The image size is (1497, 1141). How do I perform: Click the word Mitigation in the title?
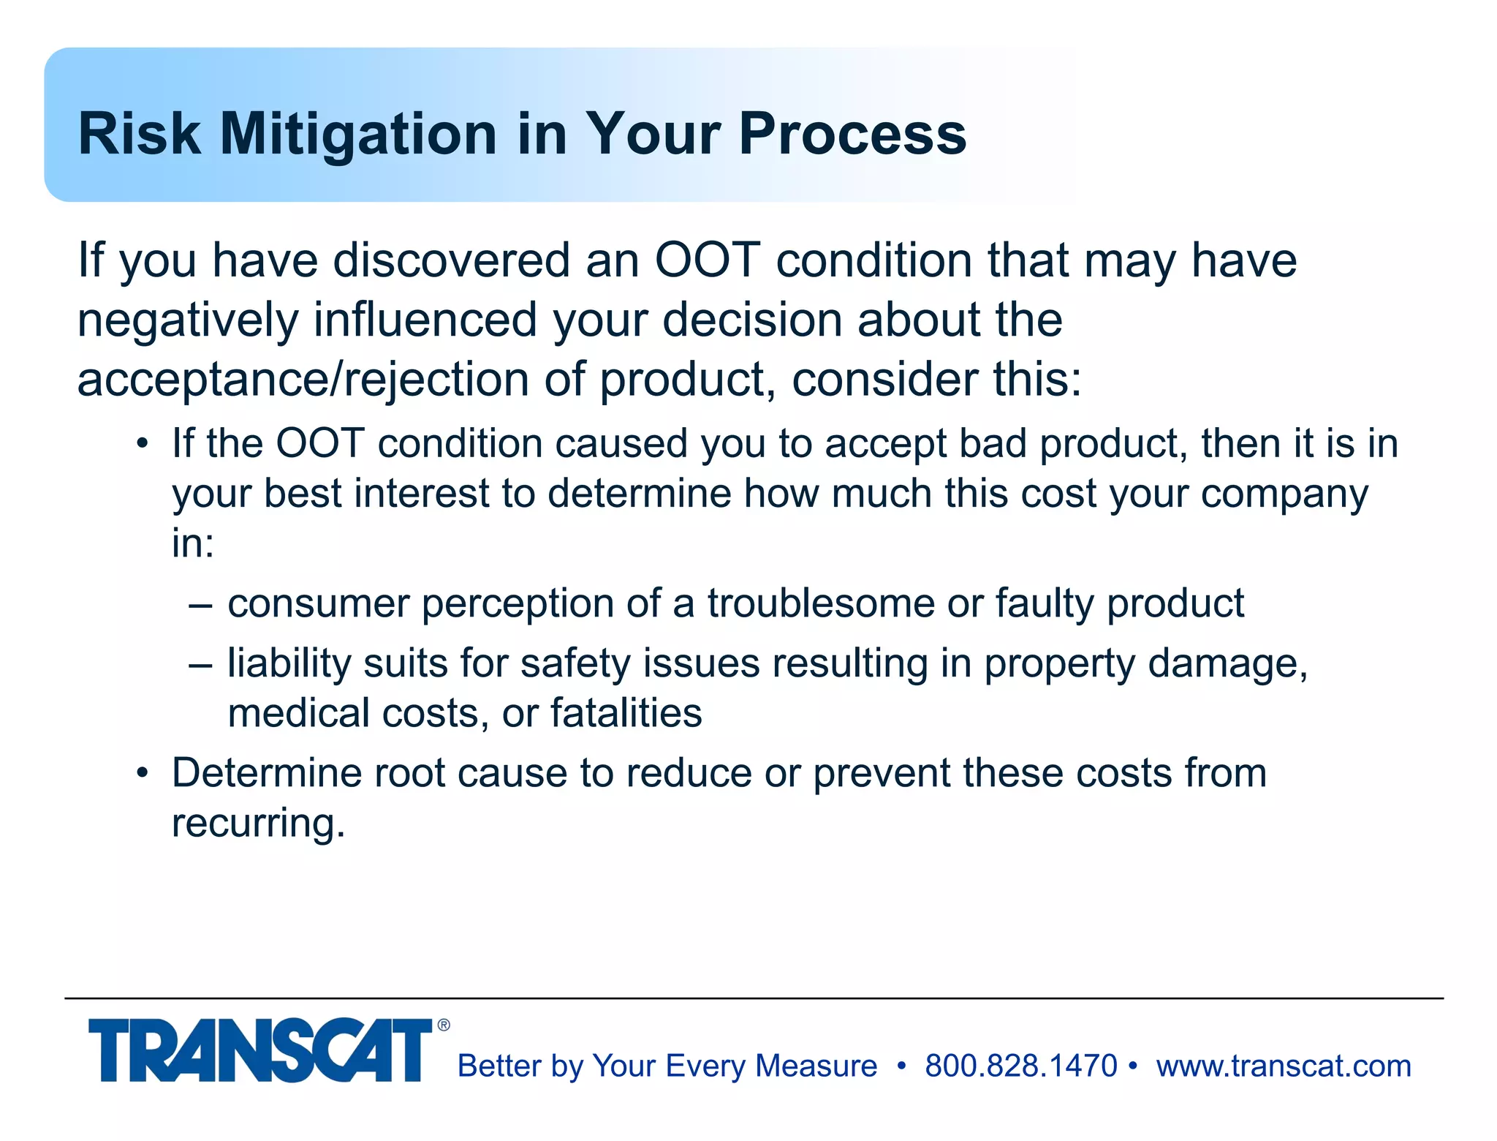pyautogui.click(x=358, y=135)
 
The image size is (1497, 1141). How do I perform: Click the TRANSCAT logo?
pyautogui.click(x=260, y=1050)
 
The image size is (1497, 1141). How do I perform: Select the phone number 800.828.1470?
pyautogui.click(x=1020, y=1066)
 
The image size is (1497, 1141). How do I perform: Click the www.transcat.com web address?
pyautogui.click(x=1284, y=1066)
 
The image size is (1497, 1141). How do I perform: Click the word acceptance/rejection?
pyautogui.click(x=303, y=380)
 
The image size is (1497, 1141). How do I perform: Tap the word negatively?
pyautogui.click(x=188, y=320)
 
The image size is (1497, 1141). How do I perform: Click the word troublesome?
pyautogui.click(x=821, y=604)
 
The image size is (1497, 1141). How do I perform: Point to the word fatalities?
pyautogui.click(x=626, y=713)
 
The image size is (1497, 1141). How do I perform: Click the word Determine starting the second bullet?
pyautogui.click(x=266, y=773)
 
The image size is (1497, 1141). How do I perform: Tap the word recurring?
pyautogui.click(x=257, y=823)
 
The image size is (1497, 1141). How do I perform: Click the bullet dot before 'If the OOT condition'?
pyautogui.click(x=143, y=445)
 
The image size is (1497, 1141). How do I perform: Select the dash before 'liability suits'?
pyautogui.click(x=200, y=665)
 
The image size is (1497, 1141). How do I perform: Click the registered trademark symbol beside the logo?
pyautogui.click(x=444, y=1025)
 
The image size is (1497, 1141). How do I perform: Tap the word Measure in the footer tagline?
pyautogui.click(x=816, y=1066)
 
